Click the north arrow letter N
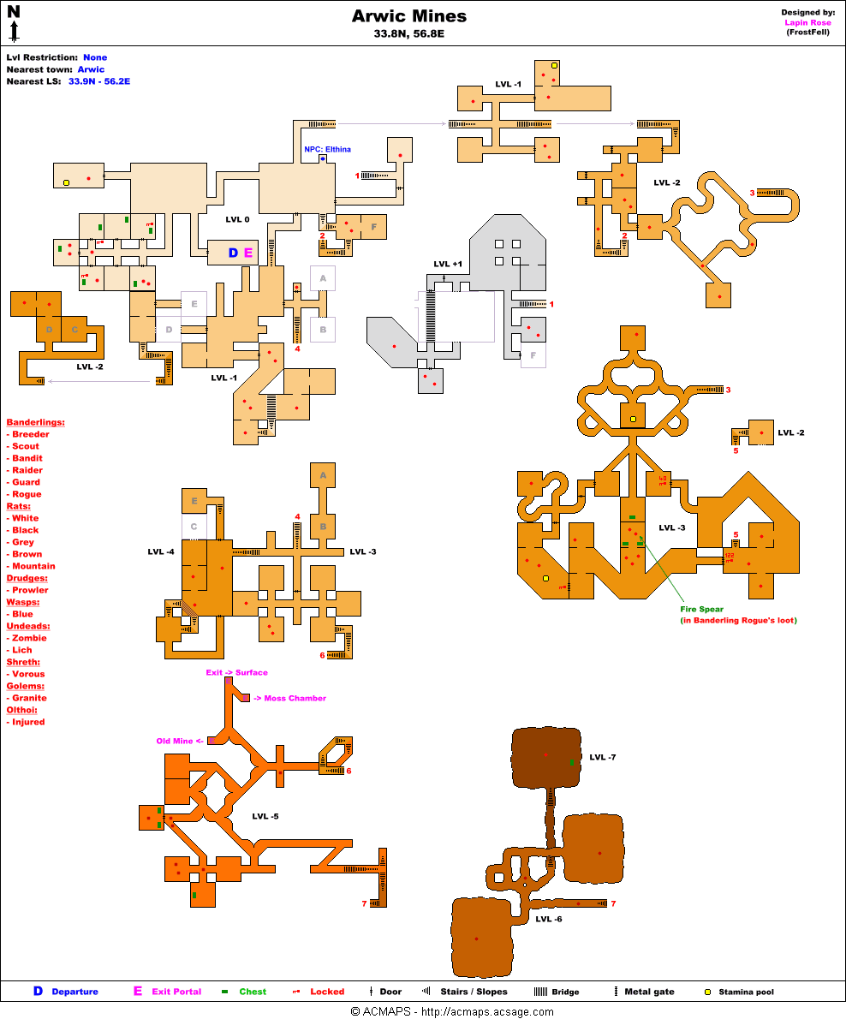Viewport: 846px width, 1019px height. pos(14,12)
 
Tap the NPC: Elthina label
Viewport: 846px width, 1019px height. pos(327,149)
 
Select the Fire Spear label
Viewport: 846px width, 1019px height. pos(701,609)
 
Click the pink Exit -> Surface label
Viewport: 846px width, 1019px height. pos(236,672)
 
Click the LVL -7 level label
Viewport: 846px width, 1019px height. pos(603,757)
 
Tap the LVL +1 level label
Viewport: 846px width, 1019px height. pos(448,264)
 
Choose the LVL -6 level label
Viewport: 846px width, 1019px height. pos(549,919)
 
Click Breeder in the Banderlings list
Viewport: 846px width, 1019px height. pos(31,434)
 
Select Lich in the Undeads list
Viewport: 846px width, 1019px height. pos(23,650)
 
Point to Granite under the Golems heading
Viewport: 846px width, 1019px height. pos(29,698)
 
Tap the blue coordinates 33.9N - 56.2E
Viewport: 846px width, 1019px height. pos(99,81)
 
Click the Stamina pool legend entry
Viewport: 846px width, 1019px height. pos(746,992)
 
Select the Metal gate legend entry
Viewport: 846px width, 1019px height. pos(648,992)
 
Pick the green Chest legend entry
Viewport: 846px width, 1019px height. pos(253,992)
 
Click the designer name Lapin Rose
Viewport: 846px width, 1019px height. pos(807,22)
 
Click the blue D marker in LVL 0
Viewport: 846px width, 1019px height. pos(232,253)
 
